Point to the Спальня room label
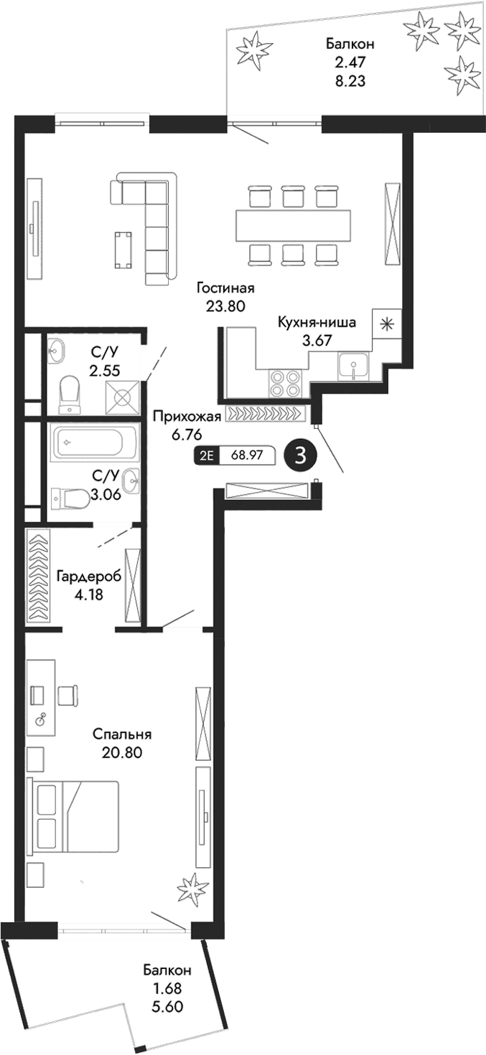(x=123, y=734)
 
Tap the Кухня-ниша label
(x=317, y=322)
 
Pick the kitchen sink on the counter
(x=352, y=368)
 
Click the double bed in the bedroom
(x=73, y=818)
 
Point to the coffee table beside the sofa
(x=123, y=249)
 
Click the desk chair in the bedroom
(x=67, y=695)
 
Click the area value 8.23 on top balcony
(x=350, y=81)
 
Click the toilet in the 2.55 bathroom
(x=70, y=392)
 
